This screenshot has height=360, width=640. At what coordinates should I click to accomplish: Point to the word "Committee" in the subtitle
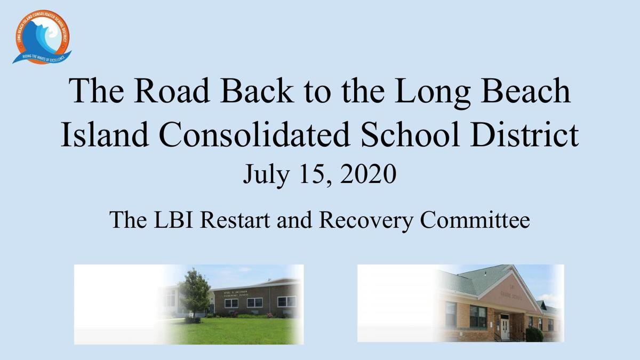tap(475, 219)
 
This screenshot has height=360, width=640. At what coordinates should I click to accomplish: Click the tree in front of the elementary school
tap(194, 293)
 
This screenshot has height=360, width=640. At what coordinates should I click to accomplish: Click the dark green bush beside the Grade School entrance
tap(534, 334)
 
